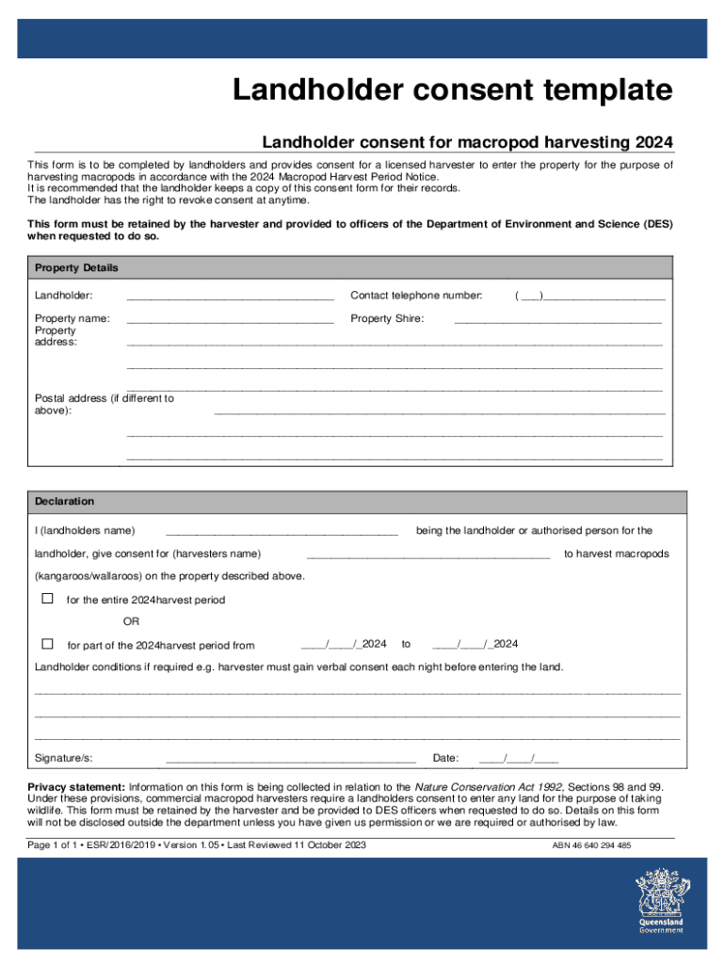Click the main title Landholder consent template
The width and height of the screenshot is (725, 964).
click(453, 91)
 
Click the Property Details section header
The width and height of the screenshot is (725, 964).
click(76, 267)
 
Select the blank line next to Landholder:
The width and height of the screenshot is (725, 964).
click(230, 297)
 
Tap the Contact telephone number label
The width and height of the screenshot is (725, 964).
click(415, 296)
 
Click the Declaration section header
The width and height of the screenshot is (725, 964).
click(64, 501)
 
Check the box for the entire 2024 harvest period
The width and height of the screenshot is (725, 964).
click(47, 599)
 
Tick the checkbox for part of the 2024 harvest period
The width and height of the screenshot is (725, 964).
click(47, 644)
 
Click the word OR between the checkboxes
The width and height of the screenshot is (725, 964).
click(131, 621)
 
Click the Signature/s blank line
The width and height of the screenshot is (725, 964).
click(290, 759)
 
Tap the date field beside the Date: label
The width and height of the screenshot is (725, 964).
click(518, 758)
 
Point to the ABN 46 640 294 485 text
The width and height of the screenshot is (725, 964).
click(591, 845)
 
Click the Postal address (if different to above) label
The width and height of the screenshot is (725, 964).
click(104, 404)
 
